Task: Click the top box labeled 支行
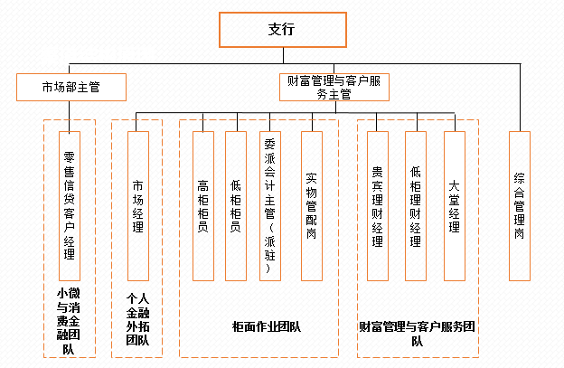point(281,28)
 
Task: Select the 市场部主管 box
point(70,87)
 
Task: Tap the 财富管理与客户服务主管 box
point(333,87)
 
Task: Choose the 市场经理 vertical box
point(137,205)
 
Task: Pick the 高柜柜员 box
point(203,205)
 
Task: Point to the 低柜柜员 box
point(235,205)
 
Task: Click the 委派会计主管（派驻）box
point(269,205)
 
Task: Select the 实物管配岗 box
point(311,205)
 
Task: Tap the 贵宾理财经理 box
point(377,205)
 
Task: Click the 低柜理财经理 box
point(416,205)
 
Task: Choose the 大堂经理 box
point(454,205)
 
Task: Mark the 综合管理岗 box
point(519,205)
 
